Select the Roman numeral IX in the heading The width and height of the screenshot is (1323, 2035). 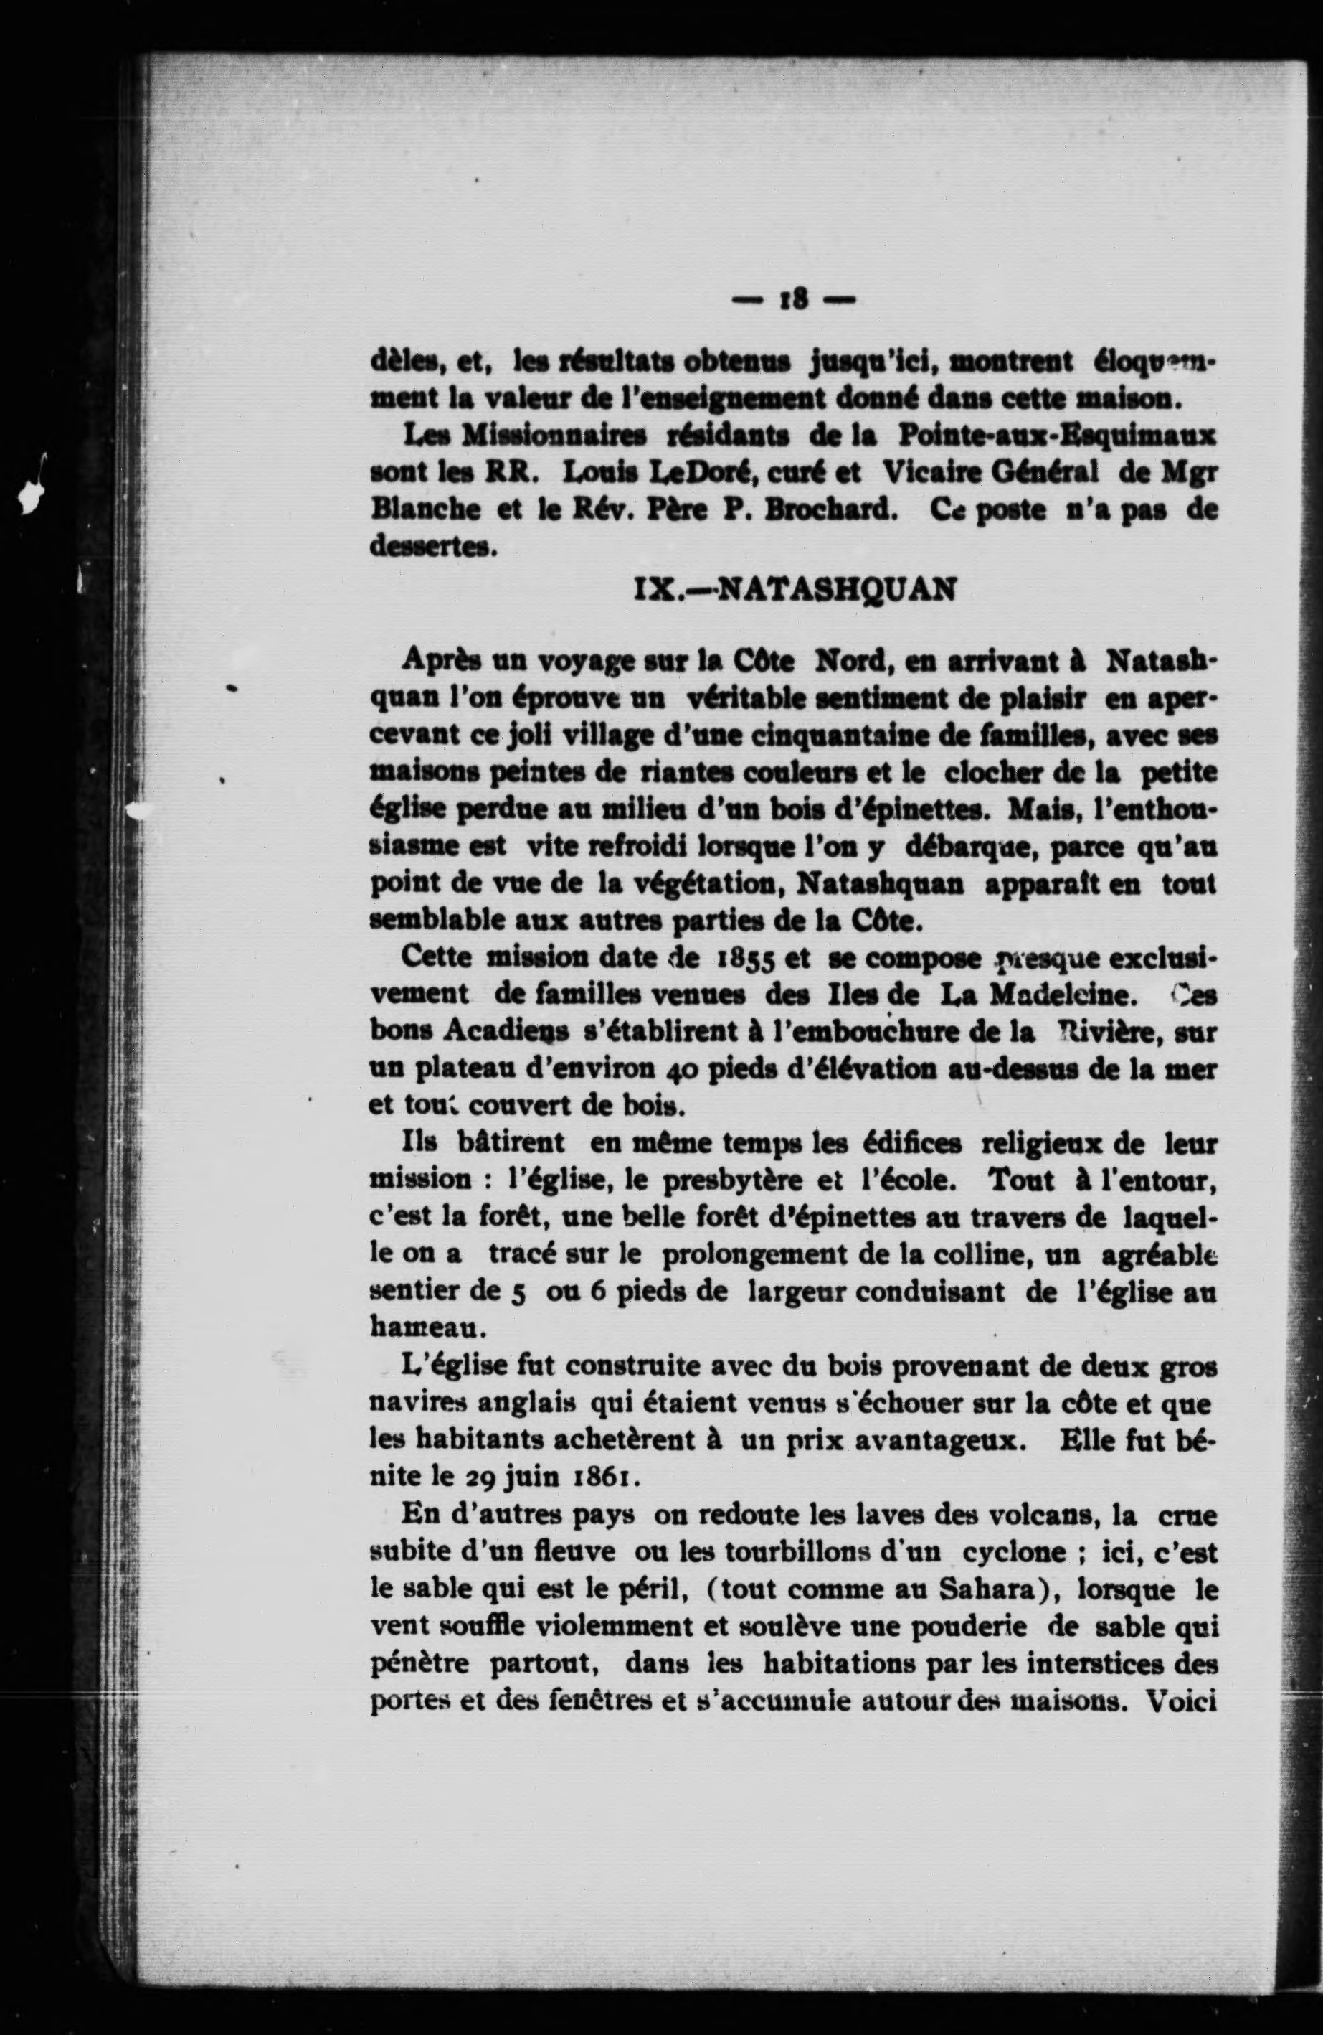pos(656,590)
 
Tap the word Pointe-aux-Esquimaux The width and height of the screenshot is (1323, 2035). pos(1056,436)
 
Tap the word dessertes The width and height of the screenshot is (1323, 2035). pos(433,545)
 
